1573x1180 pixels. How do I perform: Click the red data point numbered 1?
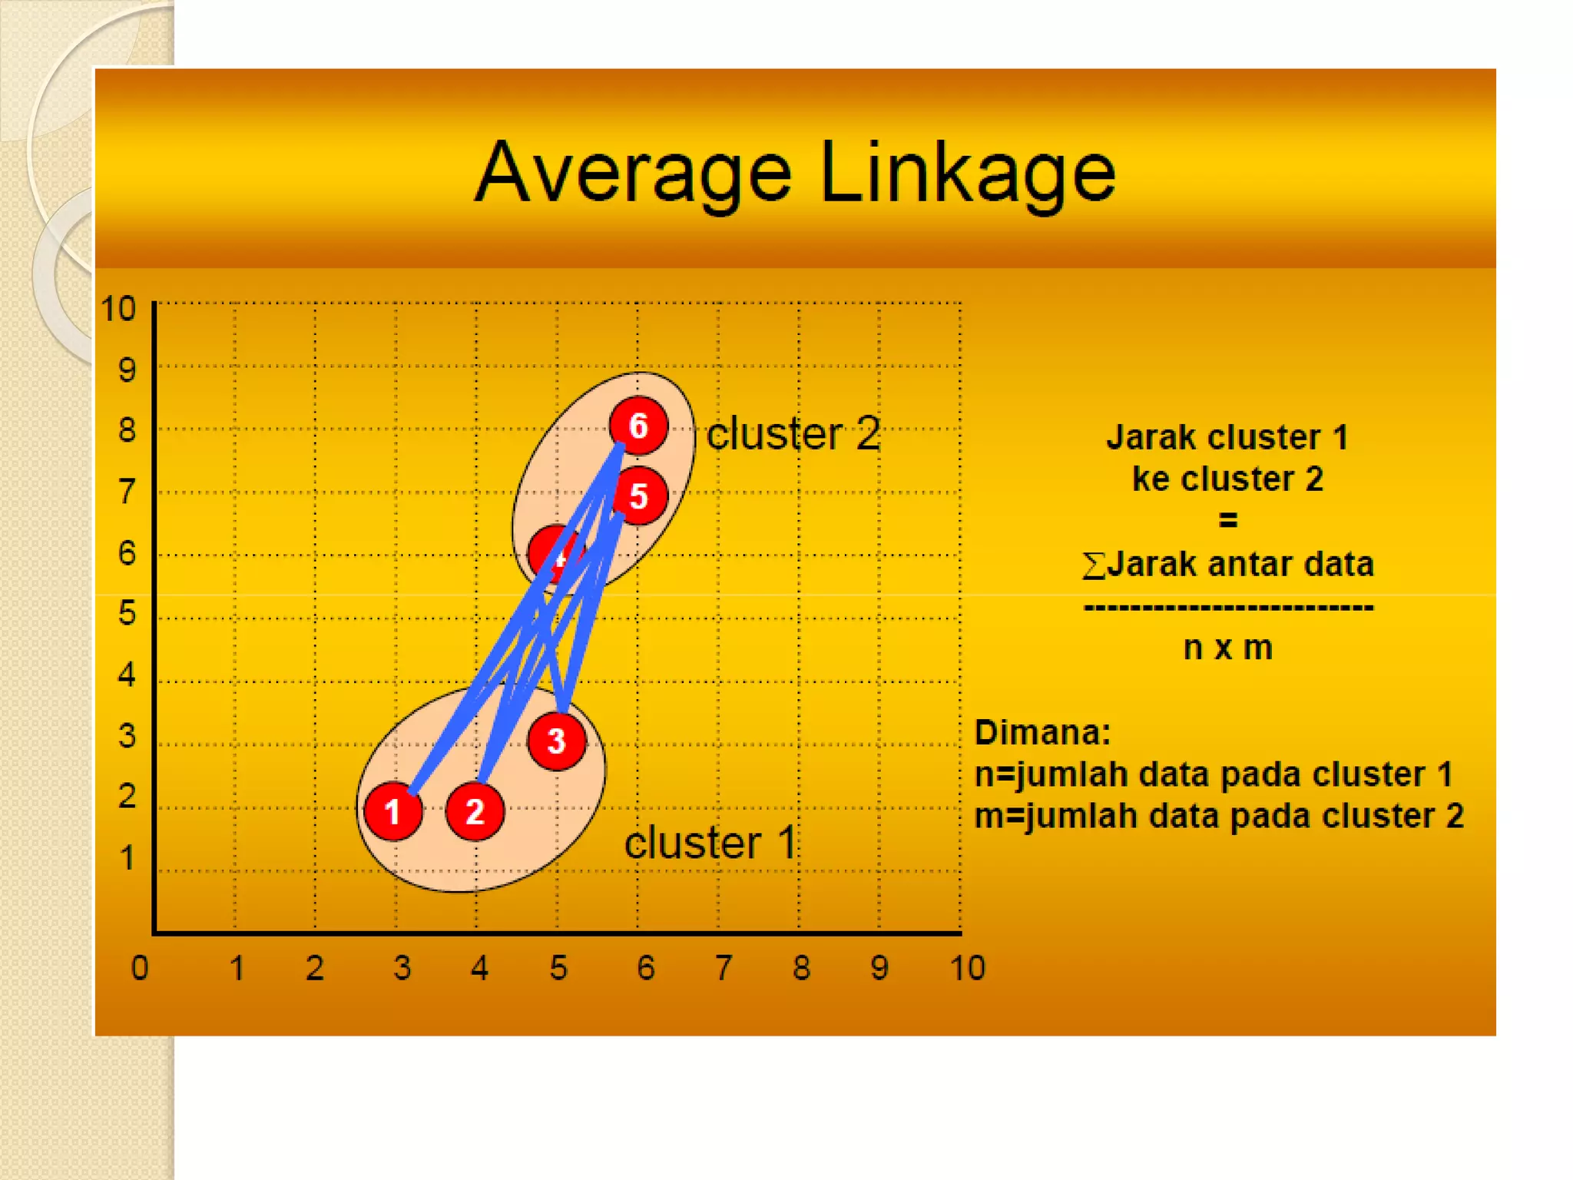coord(393,811)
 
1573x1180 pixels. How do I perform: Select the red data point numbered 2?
coord(475,811)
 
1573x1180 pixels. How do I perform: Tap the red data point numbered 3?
coord(557,741)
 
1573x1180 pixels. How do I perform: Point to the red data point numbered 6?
coord(638,426)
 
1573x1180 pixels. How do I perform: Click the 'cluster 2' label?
coord(793,434)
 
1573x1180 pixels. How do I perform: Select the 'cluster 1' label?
coord(710,843)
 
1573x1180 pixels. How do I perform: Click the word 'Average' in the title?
coord(633,174)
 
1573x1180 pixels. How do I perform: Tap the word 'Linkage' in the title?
coord(968,174)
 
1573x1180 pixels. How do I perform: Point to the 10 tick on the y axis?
coord(118,309)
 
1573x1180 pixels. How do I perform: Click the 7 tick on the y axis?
coord(127,492)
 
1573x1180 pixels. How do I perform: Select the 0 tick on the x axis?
coord(140,968)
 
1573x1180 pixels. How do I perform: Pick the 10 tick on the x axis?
coord(967,968)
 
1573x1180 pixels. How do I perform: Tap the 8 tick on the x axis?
coord(802,968)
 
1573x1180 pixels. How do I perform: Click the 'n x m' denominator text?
coord(1227,648)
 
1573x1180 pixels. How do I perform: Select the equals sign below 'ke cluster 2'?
coord(1227,521)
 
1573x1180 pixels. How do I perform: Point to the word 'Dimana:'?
coord(1042,732)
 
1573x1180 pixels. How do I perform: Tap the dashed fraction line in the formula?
coord(1227,608)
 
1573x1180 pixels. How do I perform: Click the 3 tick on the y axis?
coord(127,736)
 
